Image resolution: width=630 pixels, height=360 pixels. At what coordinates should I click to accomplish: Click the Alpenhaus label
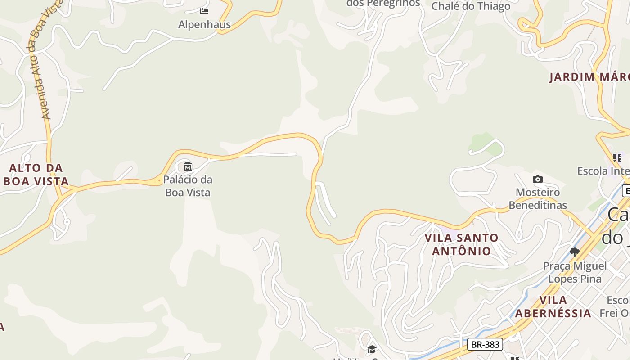(204, 25)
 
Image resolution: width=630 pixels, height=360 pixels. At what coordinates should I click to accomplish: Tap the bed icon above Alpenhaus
(204, 11)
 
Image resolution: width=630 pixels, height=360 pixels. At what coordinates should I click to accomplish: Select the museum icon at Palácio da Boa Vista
(188, 166)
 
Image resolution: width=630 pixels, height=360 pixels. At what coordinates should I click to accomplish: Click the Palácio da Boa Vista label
(188, 186)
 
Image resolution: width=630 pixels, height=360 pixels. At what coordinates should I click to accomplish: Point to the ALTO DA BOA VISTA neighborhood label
(36, 175)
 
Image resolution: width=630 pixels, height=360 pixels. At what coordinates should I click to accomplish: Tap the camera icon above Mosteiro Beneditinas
(537, 180)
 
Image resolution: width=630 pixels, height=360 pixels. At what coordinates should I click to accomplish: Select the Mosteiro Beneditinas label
(538, 199)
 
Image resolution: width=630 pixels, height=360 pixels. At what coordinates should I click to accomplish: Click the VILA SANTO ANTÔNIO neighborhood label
(462, 244)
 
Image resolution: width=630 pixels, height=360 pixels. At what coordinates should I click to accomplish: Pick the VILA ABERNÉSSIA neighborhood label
(553, 306)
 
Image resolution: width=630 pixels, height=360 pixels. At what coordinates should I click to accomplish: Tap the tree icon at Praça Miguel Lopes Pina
(574, 252)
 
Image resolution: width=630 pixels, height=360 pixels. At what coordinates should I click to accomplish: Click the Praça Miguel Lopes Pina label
(575, 272)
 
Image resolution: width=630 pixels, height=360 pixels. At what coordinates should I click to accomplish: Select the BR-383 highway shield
(485, 345)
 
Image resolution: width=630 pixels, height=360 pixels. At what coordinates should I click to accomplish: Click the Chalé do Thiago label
(471, 6)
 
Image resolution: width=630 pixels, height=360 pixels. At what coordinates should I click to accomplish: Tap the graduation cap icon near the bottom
(372, 349)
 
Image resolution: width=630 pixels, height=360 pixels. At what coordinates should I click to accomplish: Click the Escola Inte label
(603, 171)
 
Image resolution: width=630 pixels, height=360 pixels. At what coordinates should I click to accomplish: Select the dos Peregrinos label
(383, 4)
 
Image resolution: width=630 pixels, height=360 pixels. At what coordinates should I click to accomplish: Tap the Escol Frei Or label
(615, 306)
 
